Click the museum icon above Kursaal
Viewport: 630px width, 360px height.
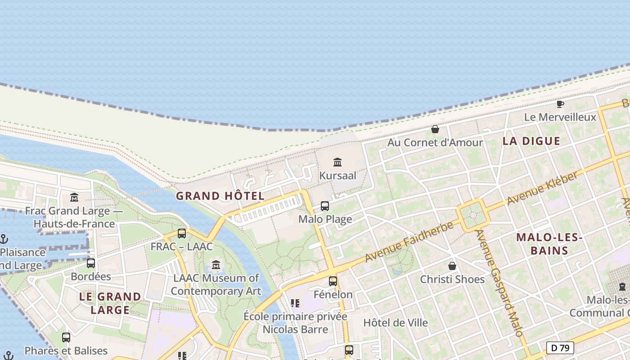coord(337,162)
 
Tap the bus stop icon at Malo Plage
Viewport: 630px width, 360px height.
coord(325,206)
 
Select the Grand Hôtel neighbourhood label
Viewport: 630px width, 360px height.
coord(220,196)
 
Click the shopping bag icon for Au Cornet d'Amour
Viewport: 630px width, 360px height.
coord(435,129)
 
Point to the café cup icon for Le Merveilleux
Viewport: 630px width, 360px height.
coord(560,104)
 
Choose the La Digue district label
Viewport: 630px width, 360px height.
coord(531,141)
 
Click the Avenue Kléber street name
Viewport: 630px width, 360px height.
coord(542,188)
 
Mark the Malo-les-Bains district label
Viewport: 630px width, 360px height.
coord(549,244)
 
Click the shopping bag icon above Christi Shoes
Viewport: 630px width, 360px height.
coord(452,266)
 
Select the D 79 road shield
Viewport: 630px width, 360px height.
coord(560,348)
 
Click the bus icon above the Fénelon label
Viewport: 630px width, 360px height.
coord(333,281)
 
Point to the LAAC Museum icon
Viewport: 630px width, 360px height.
coord(216,265)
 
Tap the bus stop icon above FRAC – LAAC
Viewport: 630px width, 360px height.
coord(182,233)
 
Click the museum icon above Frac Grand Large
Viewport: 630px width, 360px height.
coord(74,197)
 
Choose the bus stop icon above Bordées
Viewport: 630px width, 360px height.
coord(91,263)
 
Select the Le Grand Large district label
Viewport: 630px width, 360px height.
coord(110,303)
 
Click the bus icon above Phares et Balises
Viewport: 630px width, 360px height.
coord(66,337)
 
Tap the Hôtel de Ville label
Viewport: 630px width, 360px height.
coord(396,323)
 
